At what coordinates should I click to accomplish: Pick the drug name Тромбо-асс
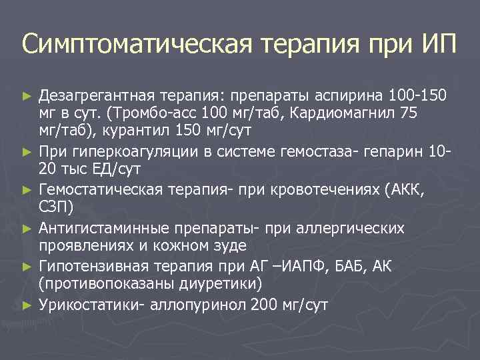click(159, 113)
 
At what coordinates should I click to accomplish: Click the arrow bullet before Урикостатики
click(27, 305)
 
